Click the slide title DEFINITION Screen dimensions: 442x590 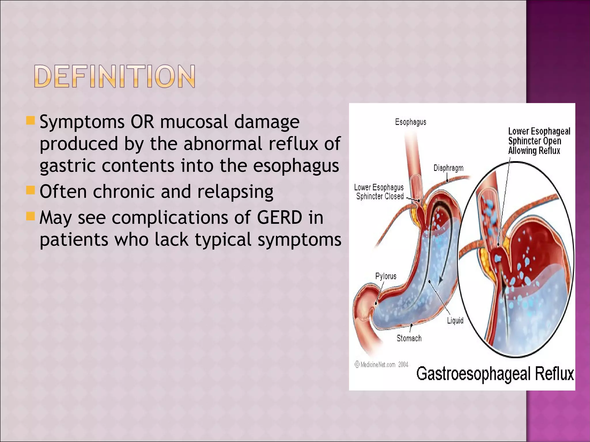(115, 76)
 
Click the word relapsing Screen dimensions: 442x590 (235, 192)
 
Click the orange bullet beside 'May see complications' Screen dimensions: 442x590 (30, 216)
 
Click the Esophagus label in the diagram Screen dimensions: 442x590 (411, 122)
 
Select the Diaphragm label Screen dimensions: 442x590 (448, 168)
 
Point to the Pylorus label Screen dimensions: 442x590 (386, 276)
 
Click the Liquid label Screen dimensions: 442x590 (455, 320)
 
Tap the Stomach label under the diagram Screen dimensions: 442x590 (409, 338)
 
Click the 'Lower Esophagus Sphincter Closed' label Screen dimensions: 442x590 (379, 192)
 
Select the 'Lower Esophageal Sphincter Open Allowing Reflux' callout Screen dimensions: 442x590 (539, 141)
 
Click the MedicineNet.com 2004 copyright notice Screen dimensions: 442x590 (381, 365)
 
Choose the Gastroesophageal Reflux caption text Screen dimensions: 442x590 (495, 374)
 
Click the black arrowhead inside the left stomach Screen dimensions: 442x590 (440, 281)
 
